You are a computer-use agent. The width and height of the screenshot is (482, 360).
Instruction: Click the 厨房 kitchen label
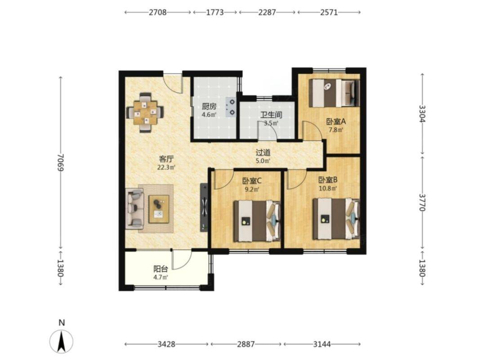pos(209,107)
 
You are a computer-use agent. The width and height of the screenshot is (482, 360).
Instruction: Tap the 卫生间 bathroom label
pos(272,115)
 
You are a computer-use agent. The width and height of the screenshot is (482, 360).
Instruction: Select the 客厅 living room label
pos(166,159)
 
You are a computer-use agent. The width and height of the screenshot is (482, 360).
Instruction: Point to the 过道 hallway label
pos(263,152)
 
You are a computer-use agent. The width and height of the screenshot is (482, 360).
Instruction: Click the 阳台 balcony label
pos(161,269)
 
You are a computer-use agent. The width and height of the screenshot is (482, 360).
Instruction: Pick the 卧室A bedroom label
pos(336,121)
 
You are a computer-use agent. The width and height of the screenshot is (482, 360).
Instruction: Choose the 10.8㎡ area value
pos(328,188)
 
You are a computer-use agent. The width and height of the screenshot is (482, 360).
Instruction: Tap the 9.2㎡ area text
pos(252,189)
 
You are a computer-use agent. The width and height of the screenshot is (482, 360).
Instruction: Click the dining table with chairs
pos(145,112)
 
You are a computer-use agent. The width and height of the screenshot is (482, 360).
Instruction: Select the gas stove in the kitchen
pos(231,107)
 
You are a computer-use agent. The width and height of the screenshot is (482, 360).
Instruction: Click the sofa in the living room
pos(134,209)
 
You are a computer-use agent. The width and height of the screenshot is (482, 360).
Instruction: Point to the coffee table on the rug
pos(159,209)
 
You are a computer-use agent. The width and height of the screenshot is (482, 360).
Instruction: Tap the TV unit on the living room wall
pos(204,207)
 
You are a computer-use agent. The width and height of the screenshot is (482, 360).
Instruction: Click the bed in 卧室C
pos(257,221)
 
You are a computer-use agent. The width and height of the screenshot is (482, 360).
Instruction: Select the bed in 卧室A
pos(334,93)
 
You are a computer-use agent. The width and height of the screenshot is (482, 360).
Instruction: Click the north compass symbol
pos(62,341)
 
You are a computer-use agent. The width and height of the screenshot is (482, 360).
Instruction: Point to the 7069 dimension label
pos(61,163)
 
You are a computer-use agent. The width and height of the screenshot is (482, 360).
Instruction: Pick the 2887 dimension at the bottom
pos(246,344)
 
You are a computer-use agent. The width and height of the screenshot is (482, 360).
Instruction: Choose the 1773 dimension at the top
pos(215,12)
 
